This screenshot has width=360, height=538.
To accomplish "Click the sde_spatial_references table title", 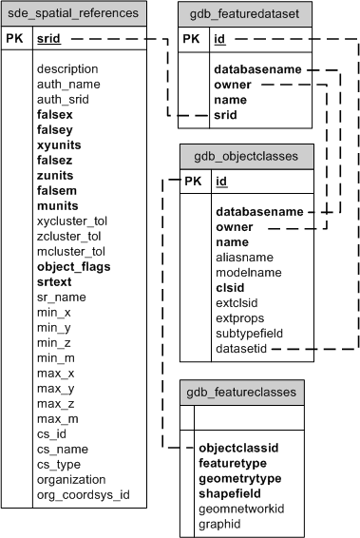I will coord(74,13).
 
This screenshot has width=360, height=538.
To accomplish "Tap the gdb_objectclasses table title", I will coord(246,156).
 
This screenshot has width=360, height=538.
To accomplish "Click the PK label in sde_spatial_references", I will coord(16,40).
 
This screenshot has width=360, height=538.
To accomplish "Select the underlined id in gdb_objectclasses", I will coord(221,182).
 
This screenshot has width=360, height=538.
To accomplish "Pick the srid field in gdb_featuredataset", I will coord(226,115).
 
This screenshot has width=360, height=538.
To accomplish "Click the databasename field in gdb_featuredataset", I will coord(257,69).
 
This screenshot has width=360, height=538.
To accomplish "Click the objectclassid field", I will coord(238,447).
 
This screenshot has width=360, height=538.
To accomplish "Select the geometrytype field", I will coord(240,477).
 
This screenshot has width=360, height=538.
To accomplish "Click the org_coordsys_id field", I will coord(83,495).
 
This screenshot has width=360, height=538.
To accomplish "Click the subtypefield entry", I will coord(249,334).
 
